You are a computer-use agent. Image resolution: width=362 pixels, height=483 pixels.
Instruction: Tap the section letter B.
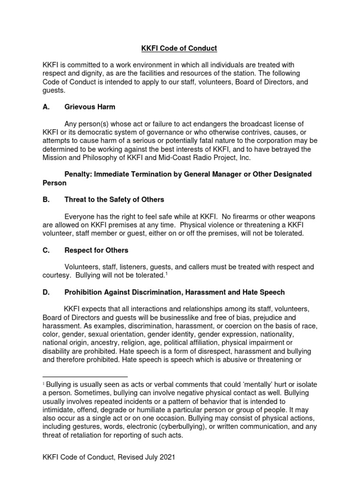click(x=46, y=200)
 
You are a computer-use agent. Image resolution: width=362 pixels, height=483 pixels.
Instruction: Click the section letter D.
click(x=46, y=292)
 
